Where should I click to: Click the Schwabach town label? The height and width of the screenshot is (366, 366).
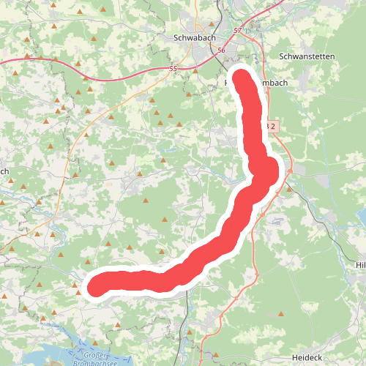click(195, 37)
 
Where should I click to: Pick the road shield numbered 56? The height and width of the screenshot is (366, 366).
click(222, 50)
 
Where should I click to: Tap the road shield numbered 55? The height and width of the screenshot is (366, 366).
click(173, 69)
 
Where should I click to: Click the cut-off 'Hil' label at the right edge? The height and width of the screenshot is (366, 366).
click(359, 264)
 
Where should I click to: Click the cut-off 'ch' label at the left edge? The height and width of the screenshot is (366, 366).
click(4, 172)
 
